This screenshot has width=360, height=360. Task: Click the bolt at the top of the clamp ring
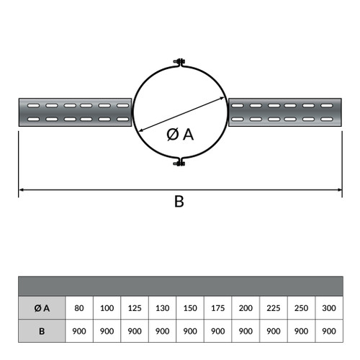point(179,61)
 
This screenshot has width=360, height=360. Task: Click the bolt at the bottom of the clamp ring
point(179,163)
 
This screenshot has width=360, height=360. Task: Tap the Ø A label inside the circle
point(180,135)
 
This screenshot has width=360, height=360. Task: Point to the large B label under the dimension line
point(179,202)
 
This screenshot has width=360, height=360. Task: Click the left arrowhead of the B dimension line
point(22,190)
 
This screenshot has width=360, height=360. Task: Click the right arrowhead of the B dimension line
point(339,190)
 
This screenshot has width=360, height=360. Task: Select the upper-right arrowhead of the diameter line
point(222,98)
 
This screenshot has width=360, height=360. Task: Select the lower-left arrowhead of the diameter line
point(142,130)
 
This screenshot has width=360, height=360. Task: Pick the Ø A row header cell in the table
point(42,308)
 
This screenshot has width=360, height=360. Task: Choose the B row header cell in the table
point(42,331)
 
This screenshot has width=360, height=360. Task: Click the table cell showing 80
point(79,308)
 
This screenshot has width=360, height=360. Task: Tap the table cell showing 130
point(163,308)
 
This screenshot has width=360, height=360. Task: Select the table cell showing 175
point(218,308)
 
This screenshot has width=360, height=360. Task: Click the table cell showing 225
point(274,308)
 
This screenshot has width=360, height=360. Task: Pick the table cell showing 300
point(329,308)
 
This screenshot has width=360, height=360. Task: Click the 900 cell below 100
point(107,331)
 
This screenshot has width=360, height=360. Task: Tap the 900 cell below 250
point(301,331)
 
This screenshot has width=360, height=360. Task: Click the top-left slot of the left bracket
point(33,105)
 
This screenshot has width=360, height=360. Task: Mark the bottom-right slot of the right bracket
point(327,119)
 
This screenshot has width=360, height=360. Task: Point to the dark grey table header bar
point(181,287)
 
